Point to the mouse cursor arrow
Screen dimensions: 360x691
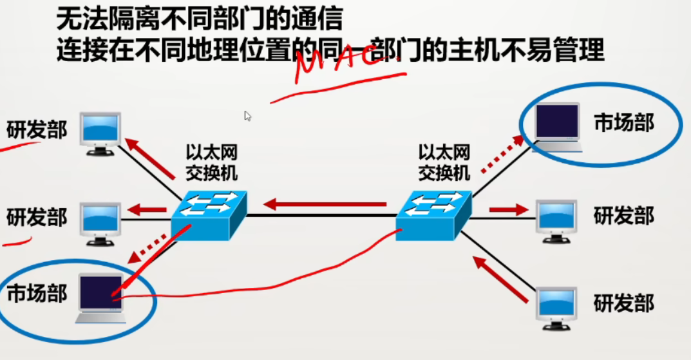tap(247, 116)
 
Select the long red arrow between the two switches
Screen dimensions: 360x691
tap(326, 205)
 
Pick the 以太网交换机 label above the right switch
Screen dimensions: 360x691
tap(444, 162)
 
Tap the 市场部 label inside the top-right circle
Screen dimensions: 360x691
tap(623, 123)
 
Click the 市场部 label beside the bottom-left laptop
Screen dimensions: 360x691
tap(37, 294)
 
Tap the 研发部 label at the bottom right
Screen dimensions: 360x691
tap(623, 303)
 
